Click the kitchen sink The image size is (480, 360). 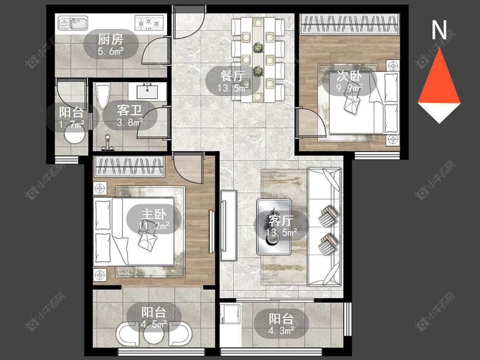tap(73, 23)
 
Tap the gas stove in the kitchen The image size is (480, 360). tap(149, 23)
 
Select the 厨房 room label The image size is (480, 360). tap(111, 39)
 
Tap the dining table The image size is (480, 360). tap(258, 60)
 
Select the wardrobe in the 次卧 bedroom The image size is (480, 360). tap(349, 24)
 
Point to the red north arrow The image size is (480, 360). tap(439, 76)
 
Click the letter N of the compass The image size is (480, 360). tap(439, 30)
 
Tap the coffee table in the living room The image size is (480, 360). tap(274, 227)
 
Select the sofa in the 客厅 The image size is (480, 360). tap(324, 227)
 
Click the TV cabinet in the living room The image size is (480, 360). tap(228, 226)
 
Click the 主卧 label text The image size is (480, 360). tap(154, 214)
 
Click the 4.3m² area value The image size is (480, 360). tap(281, 331)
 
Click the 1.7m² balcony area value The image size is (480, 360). tap(72, 124)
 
